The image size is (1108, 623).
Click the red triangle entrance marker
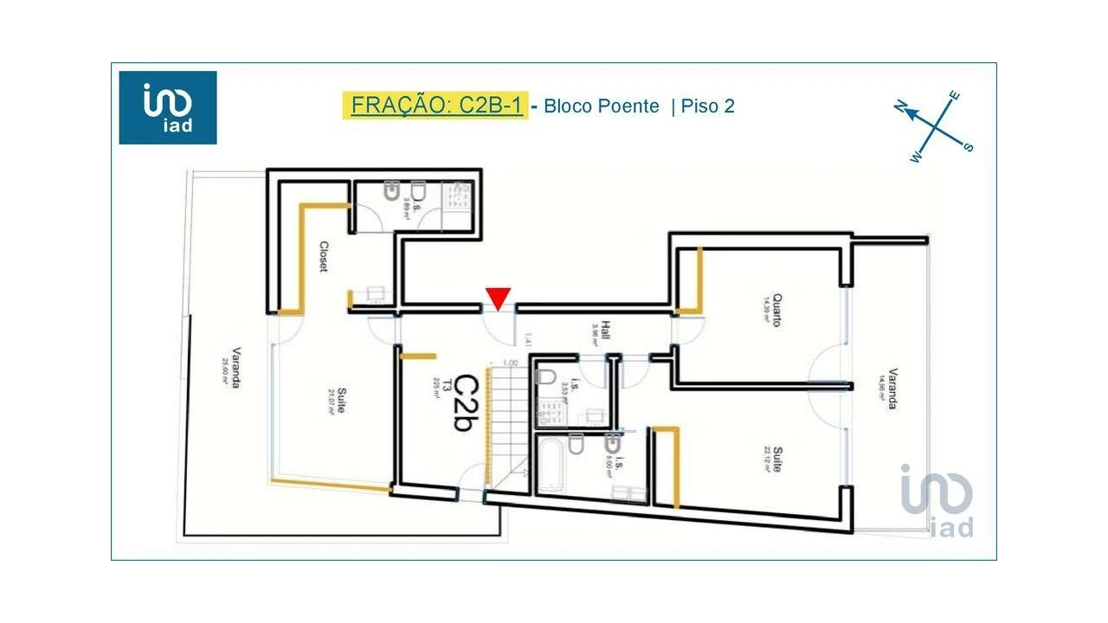(498, 298)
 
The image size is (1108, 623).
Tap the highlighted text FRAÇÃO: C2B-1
(435, 106)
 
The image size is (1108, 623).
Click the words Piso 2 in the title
(707, 106)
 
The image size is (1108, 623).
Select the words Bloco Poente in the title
(601, 106)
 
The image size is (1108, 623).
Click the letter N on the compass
(900, 106)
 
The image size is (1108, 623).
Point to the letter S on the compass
(968, 147)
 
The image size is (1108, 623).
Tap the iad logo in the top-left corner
(168, 107)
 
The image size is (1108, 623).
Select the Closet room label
(323, 256)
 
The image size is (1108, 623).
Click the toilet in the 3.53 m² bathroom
(546, 376)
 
